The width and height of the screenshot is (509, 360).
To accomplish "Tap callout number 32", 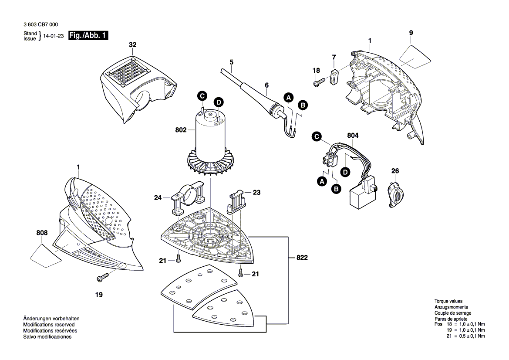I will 132,45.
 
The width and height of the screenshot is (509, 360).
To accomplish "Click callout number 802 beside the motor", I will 181,129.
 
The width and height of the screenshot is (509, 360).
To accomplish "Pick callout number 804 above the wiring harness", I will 353,136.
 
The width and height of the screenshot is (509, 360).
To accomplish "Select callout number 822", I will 302,258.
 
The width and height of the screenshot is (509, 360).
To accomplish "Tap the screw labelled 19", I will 104,277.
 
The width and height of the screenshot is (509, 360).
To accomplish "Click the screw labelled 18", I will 320,81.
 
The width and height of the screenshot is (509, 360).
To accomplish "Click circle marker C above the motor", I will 202,96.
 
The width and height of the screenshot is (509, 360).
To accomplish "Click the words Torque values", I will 448,302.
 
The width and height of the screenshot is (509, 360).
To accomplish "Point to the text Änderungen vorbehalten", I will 51,319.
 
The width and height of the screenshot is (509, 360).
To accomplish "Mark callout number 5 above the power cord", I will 231,61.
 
